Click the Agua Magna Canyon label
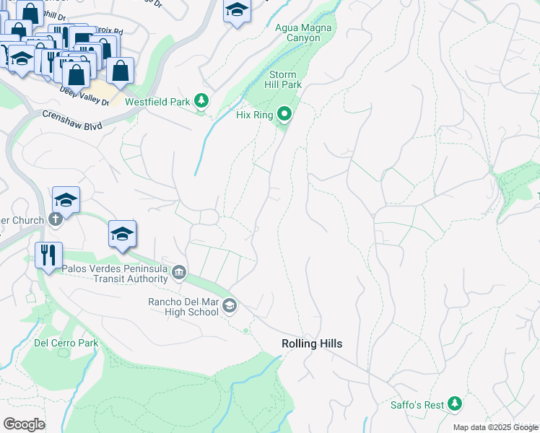pyautogui.click(x=303, y=32)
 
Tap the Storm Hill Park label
pyautogui.click(x=285, y=79)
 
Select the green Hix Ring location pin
pyautogui.click(x=285, y=114)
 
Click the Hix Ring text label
pyautogui.click(x=255, y=115)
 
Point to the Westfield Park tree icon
pyautogui.click(x=203, y=102)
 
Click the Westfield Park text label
pyautogui.click(x=157, y=102)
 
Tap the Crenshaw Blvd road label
pyautogui.click(x=72, y=120)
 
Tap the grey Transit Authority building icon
pyautogui.click(x=180, y=273)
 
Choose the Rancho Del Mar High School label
pyautogui.click(x=183, y=307)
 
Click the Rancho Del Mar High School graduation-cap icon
pyautogui.click(x=230, y=306)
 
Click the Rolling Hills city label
pyautogui.click(x=312, y=344)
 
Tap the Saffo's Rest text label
pyautogui.click(x=417, y=405)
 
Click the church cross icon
pyautogui.click(x=56, y=219)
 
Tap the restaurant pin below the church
pyautogui.click(x=49, y=255)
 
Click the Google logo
pyautogui.click(x=24, y=424)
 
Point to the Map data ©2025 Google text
pyautogui.click(x=495, y=427)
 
